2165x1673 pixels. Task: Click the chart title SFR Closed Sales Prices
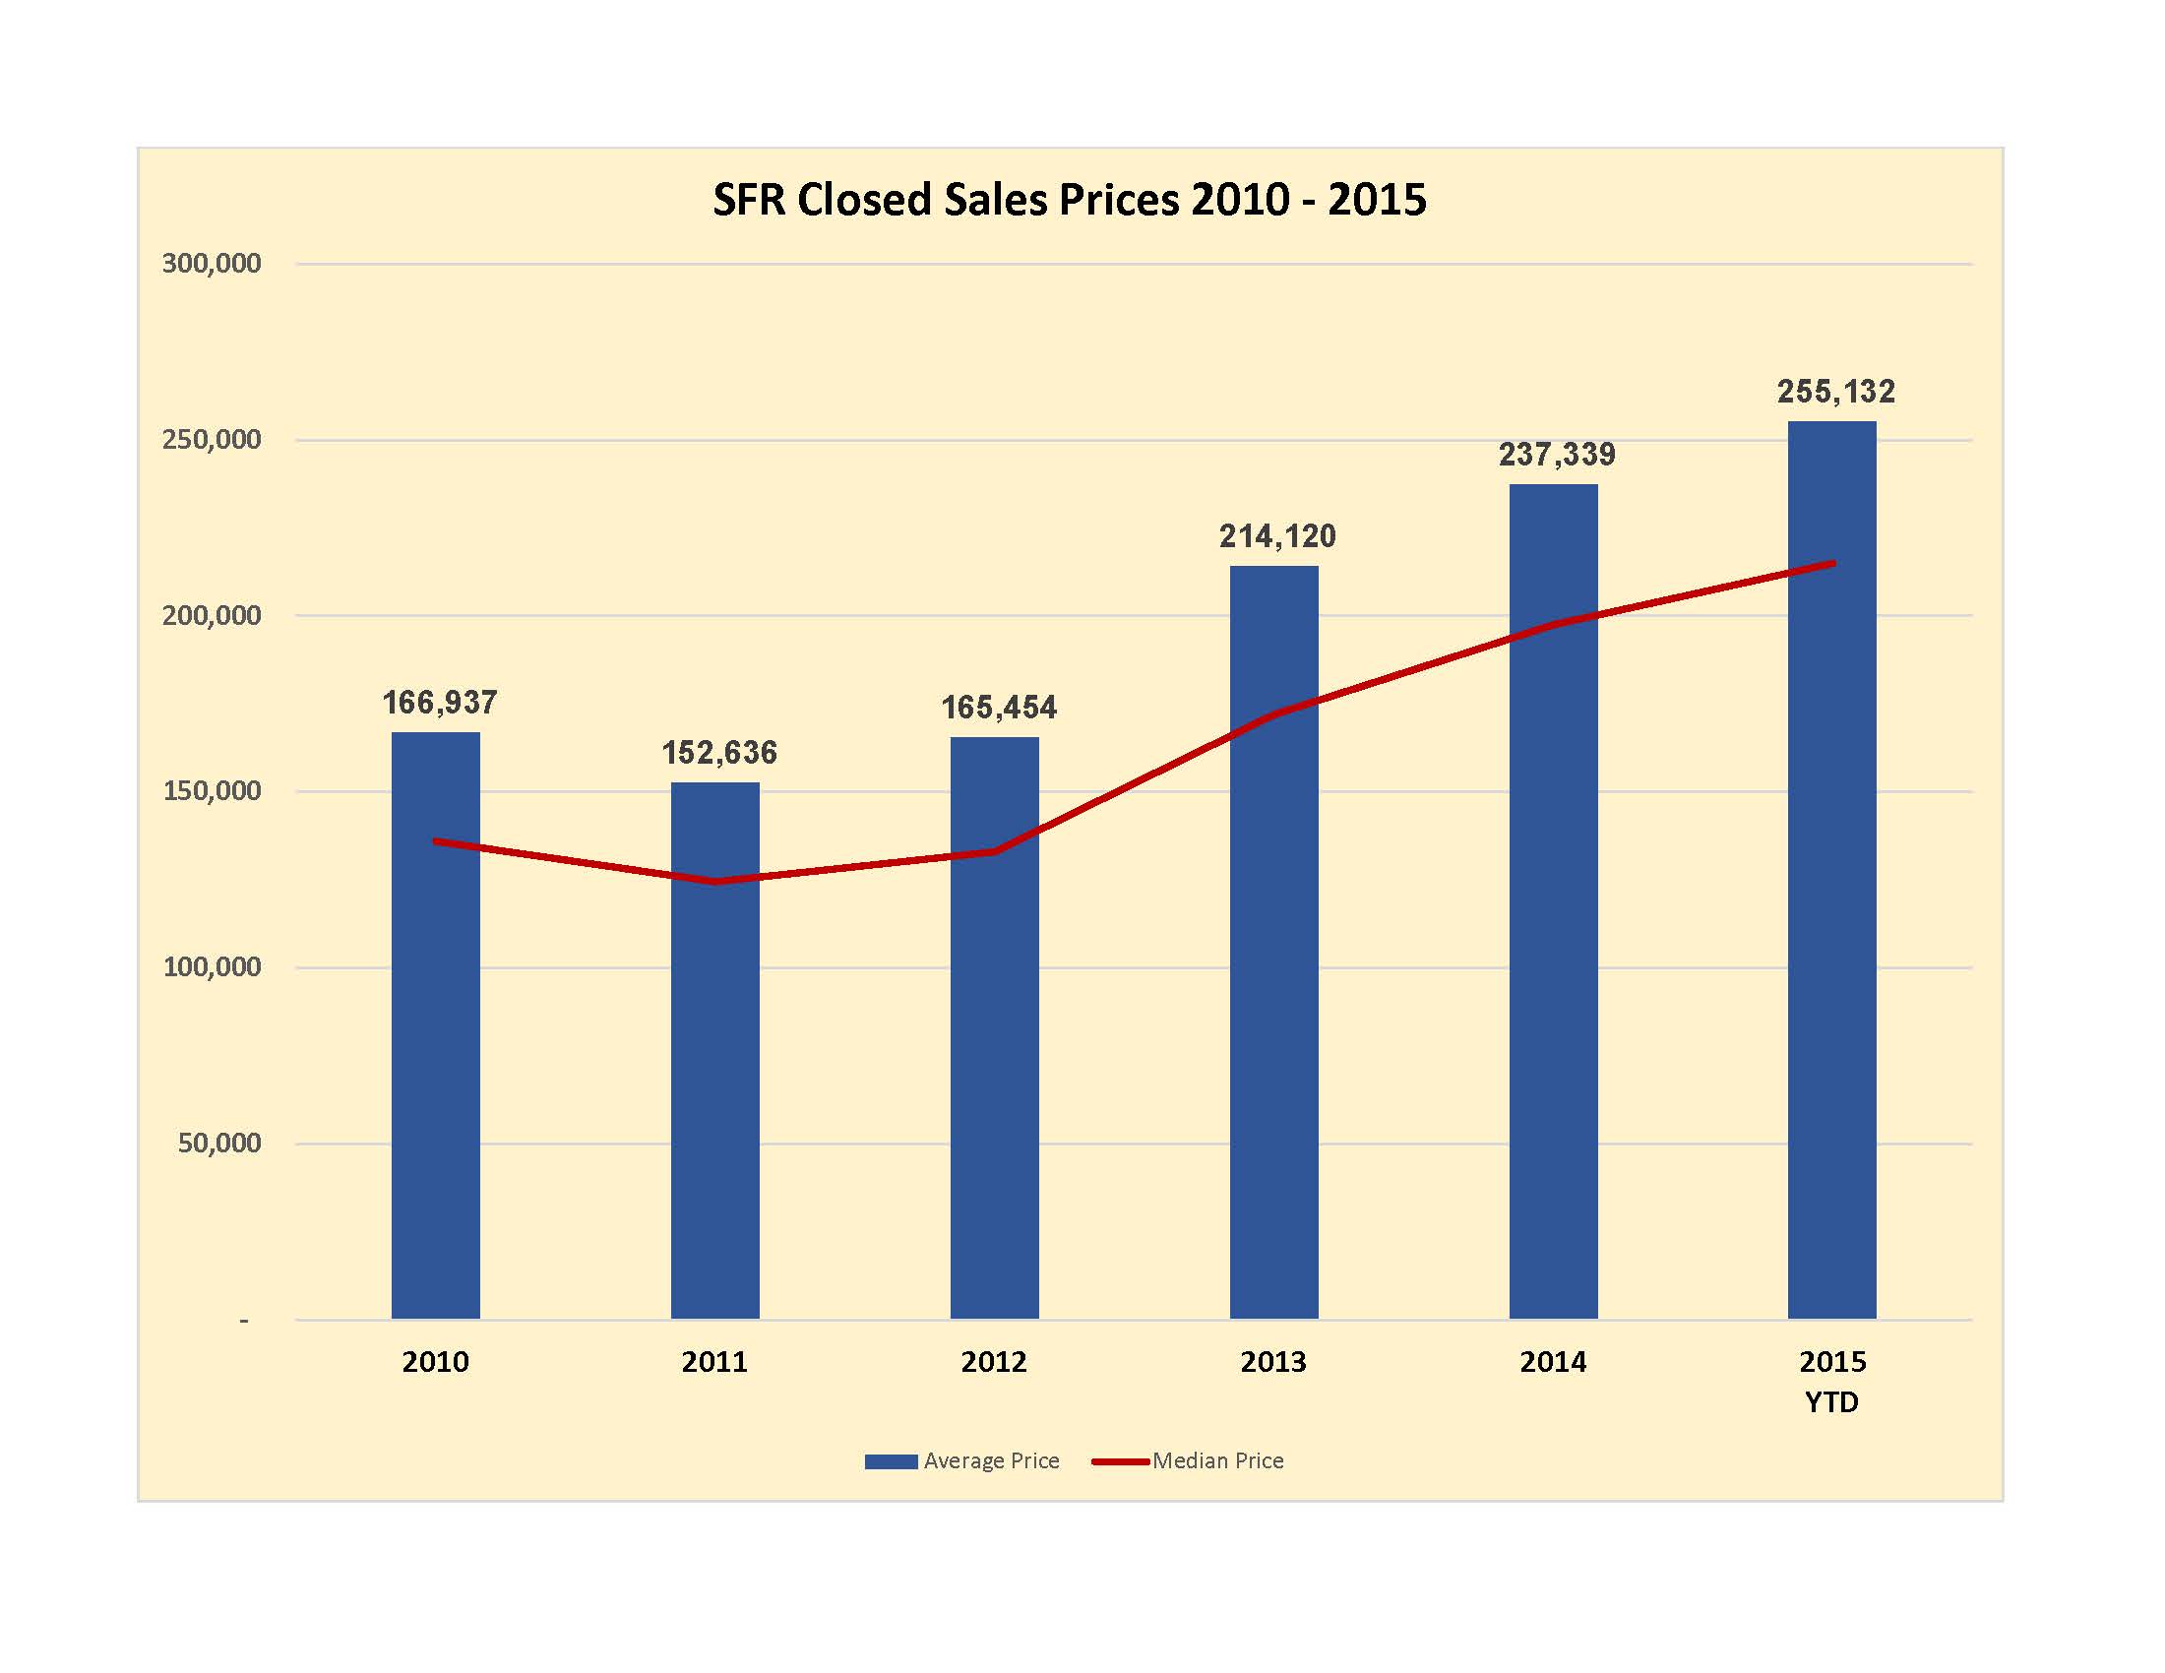coord(1069,200)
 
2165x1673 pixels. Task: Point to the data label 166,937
coord(439,703)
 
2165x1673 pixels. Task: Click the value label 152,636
coord(718,753)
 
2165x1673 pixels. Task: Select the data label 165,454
coord(998,708)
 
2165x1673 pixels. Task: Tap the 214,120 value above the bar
coord(1276,536)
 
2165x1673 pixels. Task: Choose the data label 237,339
coord(1557,455)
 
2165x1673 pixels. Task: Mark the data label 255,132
coord(1836,392)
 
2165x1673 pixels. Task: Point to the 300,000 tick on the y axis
coord(212,264)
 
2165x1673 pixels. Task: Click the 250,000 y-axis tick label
coord(212,440)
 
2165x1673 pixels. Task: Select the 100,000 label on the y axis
coord(212,967)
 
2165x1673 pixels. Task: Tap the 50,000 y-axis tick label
coord(219,1144)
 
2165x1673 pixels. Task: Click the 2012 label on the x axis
coord(993,1362)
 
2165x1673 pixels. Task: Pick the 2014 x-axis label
coord(1552,1362)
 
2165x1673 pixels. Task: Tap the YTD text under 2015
coord(1831,1402)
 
